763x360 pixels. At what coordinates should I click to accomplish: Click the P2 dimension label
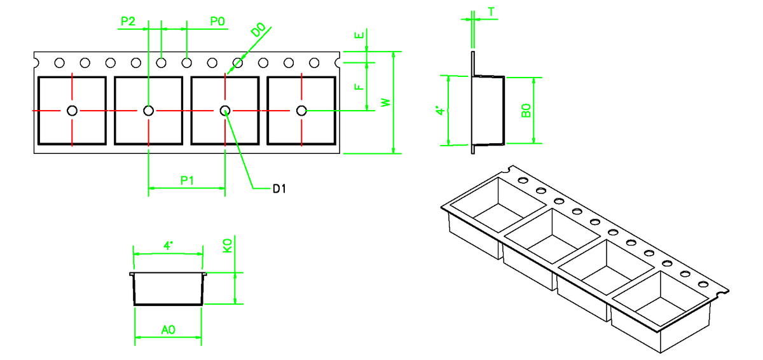(x=128, y=22)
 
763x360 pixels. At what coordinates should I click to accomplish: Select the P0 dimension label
(x=217, y=22)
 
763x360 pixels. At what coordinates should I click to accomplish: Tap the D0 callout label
(x=258, y=31)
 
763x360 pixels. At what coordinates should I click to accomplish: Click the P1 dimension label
(x=187, y=180)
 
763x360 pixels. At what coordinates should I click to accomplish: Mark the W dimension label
(x=384, y=102)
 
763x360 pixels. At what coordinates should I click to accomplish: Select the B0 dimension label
(x=526, y=111)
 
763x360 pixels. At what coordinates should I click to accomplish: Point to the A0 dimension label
(x=168, y=329)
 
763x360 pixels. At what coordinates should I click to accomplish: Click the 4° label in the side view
(x=439, y=111)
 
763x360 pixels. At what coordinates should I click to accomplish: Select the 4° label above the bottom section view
(x=168, y=245)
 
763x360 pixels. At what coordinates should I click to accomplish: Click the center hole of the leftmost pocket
(x=72, y=111)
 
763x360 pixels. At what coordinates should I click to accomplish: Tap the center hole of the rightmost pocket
(x=301, y=111)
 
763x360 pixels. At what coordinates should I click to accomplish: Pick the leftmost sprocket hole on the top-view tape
(x=59, y=63)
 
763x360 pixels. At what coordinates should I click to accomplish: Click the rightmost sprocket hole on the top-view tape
(x=313, y=63)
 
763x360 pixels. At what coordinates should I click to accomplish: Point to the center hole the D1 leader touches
(x=225, y=111)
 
